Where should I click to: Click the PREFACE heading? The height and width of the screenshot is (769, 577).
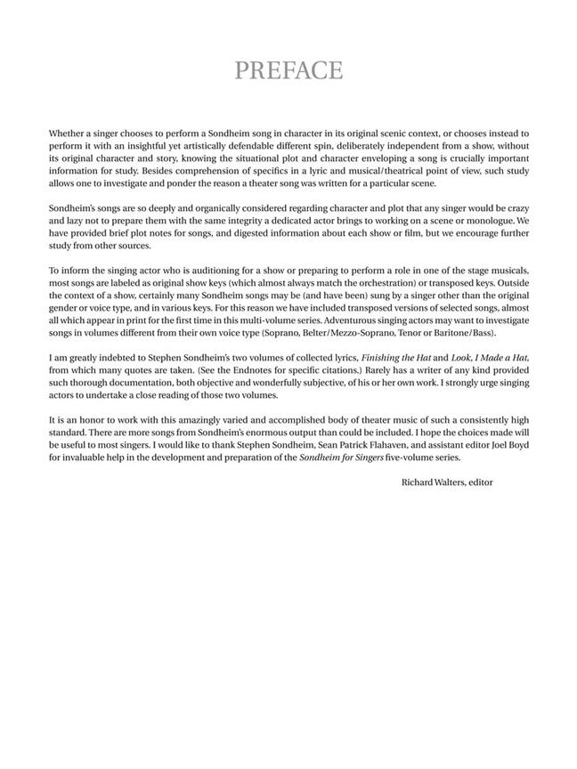[x=288, y=70]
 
